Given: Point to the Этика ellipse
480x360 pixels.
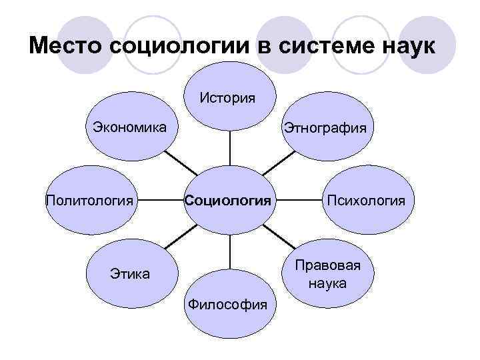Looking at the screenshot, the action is pos(129,273).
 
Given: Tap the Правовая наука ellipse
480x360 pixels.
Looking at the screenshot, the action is pos(327,274).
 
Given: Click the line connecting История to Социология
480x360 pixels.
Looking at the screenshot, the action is pos(230,148).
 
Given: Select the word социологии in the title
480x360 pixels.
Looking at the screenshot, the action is pos(190,47).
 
